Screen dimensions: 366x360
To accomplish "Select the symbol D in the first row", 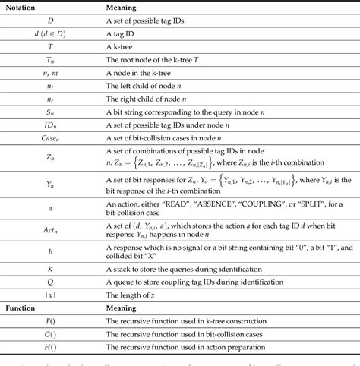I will point(50,20).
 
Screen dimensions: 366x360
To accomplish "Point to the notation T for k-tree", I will point(50,47).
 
